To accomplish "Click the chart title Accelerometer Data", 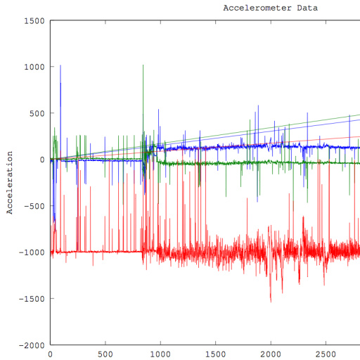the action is pos(271,8).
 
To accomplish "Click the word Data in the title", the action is pos(307,8).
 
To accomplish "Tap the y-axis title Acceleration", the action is pos(10,183).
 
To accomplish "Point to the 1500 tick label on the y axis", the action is pos(34,21).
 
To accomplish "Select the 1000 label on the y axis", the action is pos(34,67).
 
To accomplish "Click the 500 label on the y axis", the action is pos(37,113).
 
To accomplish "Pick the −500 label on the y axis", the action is pos(34,206).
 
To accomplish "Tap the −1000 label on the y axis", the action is pos(32,252).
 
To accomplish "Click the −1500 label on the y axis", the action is pos(32,299).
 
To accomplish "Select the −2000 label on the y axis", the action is pos(32,345).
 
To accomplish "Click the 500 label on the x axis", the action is pos(105,354).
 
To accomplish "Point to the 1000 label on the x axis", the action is pos(160,354).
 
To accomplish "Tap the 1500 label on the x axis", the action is pos(216,354).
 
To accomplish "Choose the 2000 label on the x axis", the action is pos(271,354).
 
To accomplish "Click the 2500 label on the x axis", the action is pos(326,354).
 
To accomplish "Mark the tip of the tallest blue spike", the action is pos(60,65).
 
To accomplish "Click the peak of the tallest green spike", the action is pos(143,65).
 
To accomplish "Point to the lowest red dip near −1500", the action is pos(271,302).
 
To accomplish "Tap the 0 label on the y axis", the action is pos(42,160).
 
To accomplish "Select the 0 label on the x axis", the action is pos(50,354).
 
